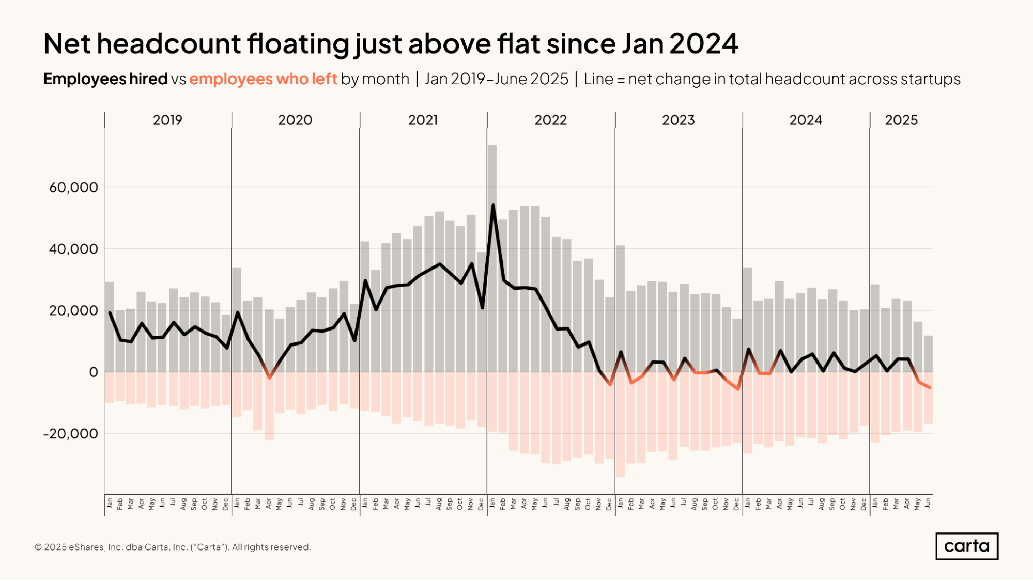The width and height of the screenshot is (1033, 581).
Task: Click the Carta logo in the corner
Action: click(966, 546)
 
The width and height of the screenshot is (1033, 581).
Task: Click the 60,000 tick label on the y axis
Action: click(73, 187)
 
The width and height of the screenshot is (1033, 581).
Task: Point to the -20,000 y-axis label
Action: click(70, 434)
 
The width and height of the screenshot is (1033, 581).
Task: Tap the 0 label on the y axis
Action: click(93, 372)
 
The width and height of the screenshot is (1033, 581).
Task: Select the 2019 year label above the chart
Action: click(167, 120)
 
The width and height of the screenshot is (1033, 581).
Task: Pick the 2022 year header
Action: click(550, 120)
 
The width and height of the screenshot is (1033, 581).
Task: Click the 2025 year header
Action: click(901, 120)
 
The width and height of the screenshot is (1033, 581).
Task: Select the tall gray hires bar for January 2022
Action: click(492, 258)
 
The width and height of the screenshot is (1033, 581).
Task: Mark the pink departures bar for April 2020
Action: click(269, 406)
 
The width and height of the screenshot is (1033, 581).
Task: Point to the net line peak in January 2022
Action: click(493, 205)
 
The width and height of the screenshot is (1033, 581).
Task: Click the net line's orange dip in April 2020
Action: click(269, 378)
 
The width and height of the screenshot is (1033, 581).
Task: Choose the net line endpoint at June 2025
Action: click(930, 387)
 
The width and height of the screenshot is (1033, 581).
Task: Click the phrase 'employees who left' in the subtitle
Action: click(263, 79)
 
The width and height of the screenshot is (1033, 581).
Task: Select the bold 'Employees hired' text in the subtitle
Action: click(105, 79)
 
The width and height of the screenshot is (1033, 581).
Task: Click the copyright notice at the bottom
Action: click(173, 547)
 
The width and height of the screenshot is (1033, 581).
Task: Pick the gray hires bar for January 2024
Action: click(747, 320)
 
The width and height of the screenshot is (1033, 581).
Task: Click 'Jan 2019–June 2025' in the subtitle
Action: click(496, 79)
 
